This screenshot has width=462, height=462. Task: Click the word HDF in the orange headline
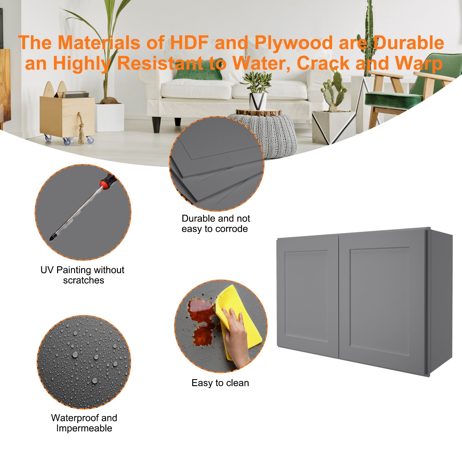click(189, 43)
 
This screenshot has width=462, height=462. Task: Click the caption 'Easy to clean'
click(220, 383)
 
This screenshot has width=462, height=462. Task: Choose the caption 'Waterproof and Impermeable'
click(84, 423)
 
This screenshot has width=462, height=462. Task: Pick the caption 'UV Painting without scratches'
click(83, 275)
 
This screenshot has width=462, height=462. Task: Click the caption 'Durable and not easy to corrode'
click(216, 223)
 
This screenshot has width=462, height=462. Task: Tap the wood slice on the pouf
click(258, 112)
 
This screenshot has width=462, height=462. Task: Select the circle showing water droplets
click(84, 362)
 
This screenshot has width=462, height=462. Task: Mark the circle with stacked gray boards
click(217, 163)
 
